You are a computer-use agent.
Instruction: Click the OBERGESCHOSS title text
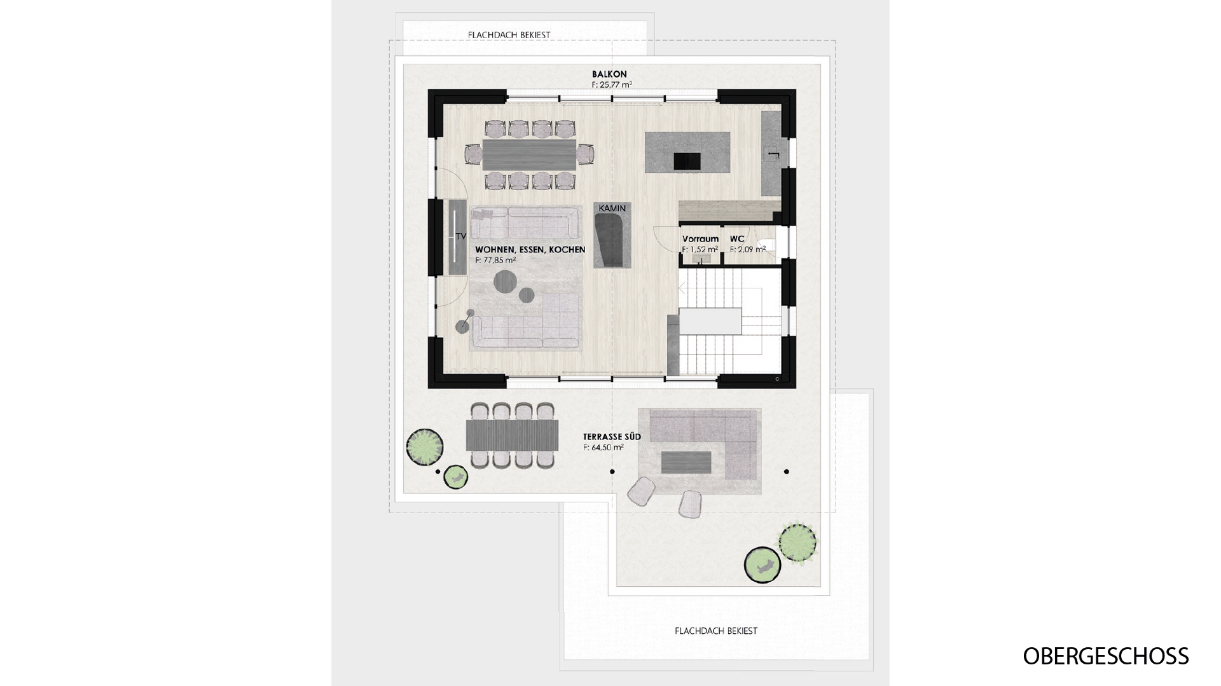[x=1105, y=656]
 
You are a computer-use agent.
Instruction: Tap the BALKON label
[x=609, y=74]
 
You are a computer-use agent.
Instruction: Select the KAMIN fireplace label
[x=612, y=208]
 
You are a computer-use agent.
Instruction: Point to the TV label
[x=461, y=236]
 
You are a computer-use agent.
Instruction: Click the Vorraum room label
[x=700, y=239]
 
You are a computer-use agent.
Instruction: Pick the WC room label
[x=737, y=239]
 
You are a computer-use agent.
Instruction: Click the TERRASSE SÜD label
[x=612, y=437]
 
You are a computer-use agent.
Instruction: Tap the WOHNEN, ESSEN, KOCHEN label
[x=530, y=250]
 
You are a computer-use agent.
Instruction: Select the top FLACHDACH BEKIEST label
[x=509, y=35]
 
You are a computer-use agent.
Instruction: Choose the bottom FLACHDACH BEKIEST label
[x=716, y=631]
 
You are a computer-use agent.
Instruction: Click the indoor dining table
[x=529, y=154]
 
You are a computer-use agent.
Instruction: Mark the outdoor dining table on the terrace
[x=512, y=435]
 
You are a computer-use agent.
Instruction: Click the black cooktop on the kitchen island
[x=687, y=161]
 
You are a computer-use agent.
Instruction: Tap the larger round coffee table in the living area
[x=506, y=282]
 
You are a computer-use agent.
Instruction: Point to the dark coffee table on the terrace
[x=686, y=462]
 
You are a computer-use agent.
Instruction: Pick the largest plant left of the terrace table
[x=424, y=446]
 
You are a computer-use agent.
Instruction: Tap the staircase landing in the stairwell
[x=710, y=321]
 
